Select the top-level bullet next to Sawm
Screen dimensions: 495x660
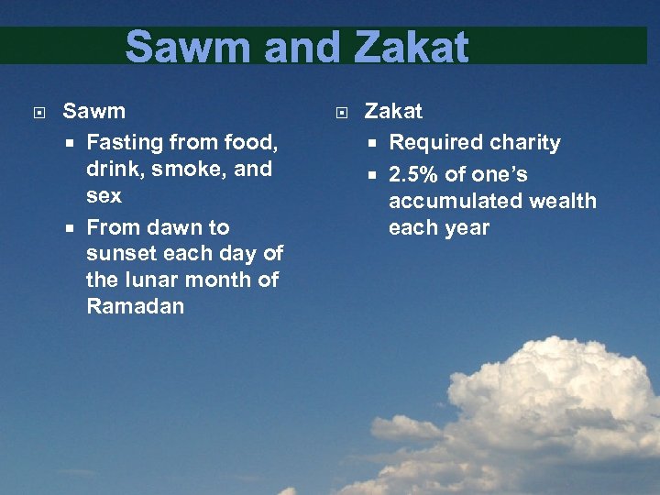(38, 113)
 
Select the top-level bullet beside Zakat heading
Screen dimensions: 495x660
(341, 113)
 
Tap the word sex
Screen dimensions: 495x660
(104, 195)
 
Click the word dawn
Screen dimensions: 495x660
(166, 227)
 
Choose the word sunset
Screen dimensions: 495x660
(120, 253)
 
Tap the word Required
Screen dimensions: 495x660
(429, 143)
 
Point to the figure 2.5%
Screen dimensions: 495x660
(413, 174)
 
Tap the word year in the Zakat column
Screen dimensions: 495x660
(468, 227)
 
